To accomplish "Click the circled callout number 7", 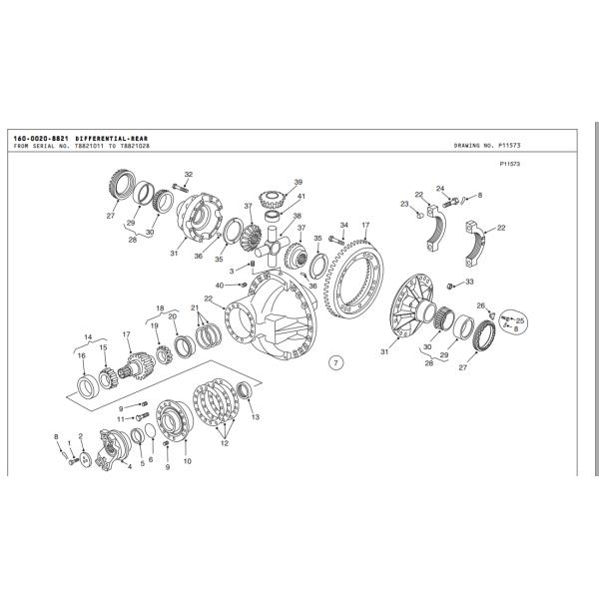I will click(x=336, y=362).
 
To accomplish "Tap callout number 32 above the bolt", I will click(x=188, y=175).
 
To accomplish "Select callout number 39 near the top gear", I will click(x=298, y=182).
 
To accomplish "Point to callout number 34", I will click(x=343, y=225).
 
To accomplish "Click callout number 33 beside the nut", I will click(x=467, y=283).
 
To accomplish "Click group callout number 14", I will click(x=88, y=336).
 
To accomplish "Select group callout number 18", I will click(x=160, y=307).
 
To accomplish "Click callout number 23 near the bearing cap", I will click(x=404, y=203).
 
